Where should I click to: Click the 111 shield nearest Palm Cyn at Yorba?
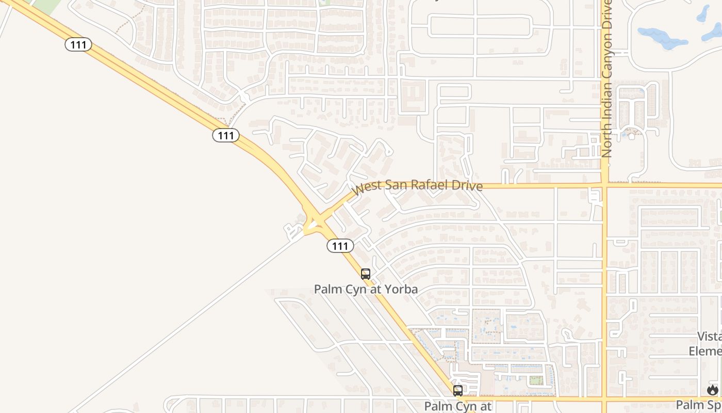click(x=340, y=246)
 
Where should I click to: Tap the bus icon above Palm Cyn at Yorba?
click(x=366, y=274)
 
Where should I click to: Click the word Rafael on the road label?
click(x=432, y=184)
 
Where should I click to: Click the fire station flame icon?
click(x=713, y=390)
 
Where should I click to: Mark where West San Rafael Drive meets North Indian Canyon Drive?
click(x=604, y=185)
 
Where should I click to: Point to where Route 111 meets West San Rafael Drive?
click(x=316, y=221)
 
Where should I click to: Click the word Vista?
click(x=710, y=337)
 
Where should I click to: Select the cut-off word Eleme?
click(x=706, y=351)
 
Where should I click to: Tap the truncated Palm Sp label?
click(x=699, y=404)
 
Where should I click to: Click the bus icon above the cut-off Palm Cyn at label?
click(x=458, y=391)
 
